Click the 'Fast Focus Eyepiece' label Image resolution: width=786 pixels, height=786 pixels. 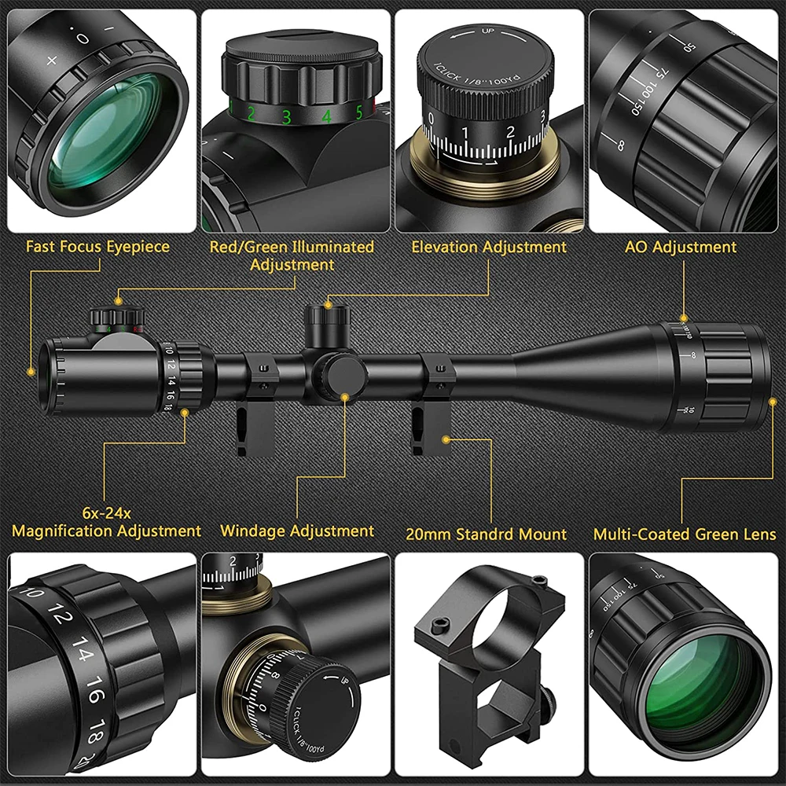[x=97, y=247]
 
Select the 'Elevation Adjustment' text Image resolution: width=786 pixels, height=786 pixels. [x=489, y=247]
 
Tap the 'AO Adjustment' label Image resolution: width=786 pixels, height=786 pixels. [x=681, y=247]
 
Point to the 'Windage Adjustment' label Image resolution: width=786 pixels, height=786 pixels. [x=297, y=531]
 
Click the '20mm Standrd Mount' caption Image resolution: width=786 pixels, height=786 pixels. [x=487, y=534]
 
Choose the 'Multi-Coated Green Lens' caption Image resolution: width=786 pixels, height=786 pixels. [x=685, y=534]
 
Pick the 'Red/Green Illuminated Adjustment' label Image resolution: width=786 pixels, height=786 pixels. [x=292, y=255]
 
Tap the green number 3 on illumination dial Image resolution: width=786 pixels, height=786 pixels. [x=287, y=117]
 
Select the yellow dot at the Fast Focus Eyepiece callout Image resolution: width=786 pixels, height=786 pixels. [x=31, y=370]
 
